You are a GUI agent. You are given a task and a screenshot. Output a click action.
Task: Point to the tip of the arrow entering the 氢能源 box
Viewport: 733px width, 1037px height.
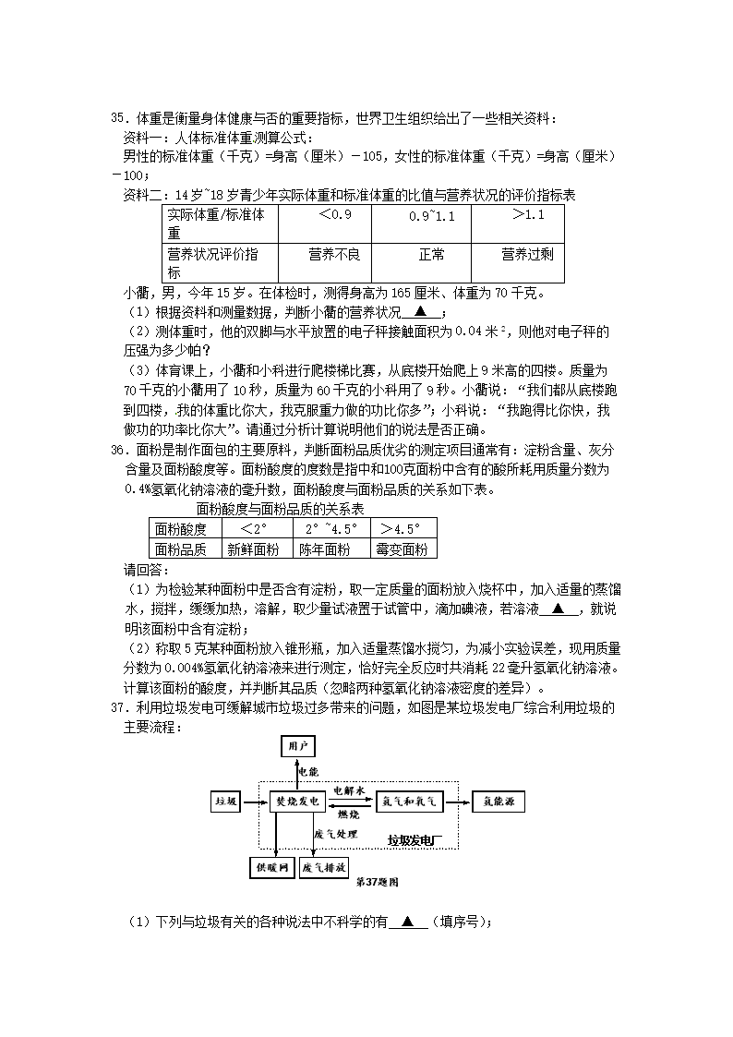(x=471, y=802)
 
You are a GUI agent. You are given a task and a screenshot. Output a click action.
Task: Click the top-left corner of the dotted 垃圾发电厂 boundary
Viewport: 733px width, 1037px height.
(x=259, y=781)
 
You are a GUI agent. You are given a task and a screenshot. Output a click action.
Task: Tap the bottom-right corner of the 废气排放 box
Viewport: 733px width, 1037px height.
(x=348, y=878)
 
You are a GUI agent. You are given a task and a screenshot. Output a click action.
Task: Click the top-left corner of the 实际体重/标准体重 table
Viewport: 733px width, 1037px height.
(x=162, y=205)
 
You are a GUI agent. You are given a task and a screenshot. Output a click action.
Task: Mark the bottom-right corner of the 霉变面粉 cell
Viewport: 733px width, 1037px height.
(x=437, y=558)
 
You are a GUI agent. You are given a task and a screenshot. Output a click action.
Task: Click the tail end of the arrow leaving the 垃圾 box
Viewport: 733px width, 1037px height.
(x=243, y=802)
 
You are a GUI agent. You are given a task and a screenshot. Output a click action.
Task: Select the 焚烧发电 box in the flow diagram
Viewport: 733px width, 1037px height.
(x=296, y=802)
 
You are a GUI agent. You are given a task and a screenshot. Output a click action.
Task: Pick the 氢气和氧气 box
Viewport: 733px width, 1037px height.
(x=408, y=802)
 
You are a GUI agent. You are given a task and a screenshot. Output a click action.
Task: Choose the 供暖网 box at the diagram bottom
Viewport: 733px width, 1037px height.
(x=271, y=868)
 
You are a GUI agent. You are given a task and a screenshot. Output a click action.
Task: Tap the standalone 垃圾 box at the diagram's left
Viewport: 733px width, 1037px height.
(x=225, y=802)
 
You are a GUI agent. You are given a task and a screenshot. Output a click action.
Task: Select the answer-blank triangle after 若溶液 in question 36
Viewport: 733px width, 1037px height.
(x=559, y=609)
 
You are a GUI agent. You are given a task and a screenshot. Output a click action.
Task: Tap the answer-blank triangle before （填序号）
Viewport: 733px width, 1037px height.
(x=408, y=921)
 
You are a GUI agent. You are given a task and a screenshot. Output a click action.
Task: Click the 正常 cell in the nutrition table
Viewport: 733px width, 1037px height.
(x=422, y=263)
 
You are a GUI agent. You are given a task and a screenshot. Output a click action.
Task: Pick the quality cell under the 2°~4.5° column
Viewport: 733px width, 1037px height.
(x=331, y=549)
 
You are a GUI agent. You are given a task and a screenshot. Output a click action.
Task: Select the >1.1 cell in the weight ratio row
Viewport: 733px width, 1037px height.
(x=518, y=224)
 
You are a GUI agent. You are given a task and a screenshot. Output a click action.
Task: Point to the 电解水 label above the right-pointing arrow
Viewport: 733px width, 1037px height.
(x=349, y=790)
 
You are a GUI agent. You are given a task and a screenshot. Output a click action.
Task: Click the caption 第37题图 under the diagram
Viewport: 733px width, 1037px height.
(x=378, y=882)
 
